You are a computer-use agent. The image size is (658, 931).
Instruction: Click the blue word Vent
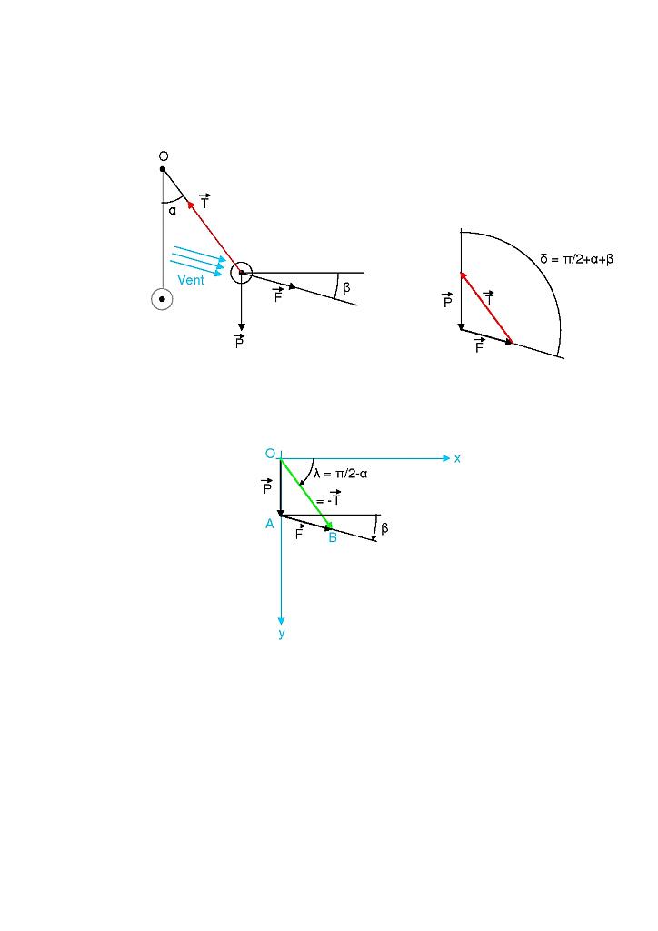point(191,280)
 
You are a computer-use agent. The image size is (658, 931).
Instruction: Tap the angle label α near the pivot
point(172,211)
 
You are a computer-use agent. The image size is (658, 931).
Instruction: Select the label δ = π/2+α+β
point(576,259)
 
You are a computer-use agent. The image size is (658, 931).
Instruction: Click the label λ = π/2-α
point(340,474)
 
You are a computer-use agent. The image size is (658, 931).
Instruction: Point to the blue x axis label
point(457,458)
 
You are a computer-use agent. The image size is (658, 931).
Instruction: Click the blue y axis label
point(282,634)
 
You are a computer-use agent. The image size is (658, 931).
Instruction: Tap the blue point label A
point(270,524)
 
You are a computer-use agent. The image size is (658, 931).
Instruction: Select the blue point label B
point(333,538)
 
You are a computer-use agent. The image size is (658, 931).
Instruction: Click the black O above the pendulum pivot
point(163,156)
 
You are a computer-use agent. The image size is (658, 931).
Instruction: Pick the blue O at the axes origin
point(270,454)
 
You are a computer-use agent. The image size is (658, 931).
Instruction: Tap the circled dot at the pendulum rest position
point(162,298)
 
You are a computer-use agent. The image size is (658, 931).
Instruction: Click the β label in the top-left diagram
point(346,288)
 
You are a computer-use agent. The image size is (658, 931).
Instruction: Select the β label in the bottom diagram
point(384,528)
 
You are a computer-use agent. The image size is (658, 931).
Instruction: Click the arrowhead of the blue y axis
point(282,621)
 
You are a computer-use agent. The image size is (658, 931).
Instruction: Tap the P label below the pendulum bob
point(239,343)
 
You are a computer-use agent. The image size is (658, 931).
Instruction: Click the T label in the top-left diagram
point(204,202)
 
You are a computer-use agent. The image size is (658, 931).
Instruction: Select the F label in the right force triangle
point(479,346)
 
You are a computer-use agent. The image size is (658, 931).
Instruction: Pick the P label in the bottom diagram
point(266,487)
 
